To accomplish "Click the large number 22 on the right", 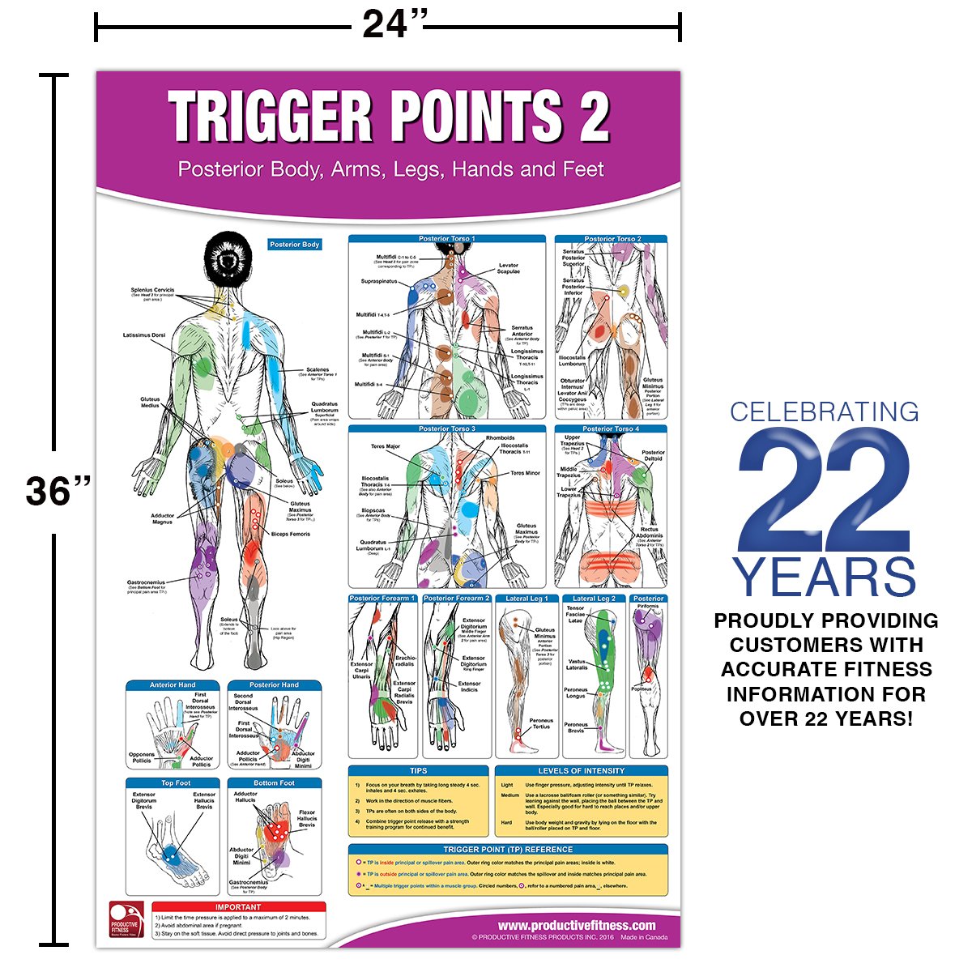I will pyautogui.click(x=825, y=489).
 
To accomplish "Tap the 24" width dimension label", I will pyautogui.click(x=393, y=24).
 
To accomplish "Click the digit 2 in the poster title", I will pyautogui.click(x=591, y=116).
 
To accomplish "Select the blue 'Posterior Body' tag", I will pyautogui.click(x=295, y=244).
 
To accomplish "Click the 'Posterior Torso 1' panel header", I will pyautogui.click(x=446, y=239).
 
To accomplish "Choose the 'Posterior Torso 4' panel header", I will pyautogui.click(x=611, y=428).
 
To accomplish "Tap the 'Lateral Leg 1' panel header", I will pyautogui.click(x=526, y=599).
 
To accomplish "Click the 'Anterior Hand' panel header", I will pyautogui.click(x=173, y=685).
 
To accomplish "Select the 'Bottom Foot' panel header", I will pyautogui.click(x=274, y=783).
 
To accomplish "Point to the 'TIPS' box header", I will pyautogui.click(x=418, y=770).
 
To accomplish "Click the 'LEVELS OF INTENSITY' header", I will pyautogui.click(x=581, y=770).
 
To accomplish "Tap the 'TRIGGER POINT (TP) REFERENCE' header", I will pyautogui.click(x=508, y=849).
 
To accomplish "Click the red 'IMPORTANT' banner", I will pyautogui.click(x=238, y=906).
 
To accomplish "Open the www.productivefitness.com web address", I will pyautogui.click(x=576, y=925).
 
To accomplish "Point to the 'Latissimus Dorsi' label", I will pyautogui.click(x=143, y=335).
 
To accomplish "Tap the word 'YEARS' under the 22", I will pyautogui.click(x=825, y=577).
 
